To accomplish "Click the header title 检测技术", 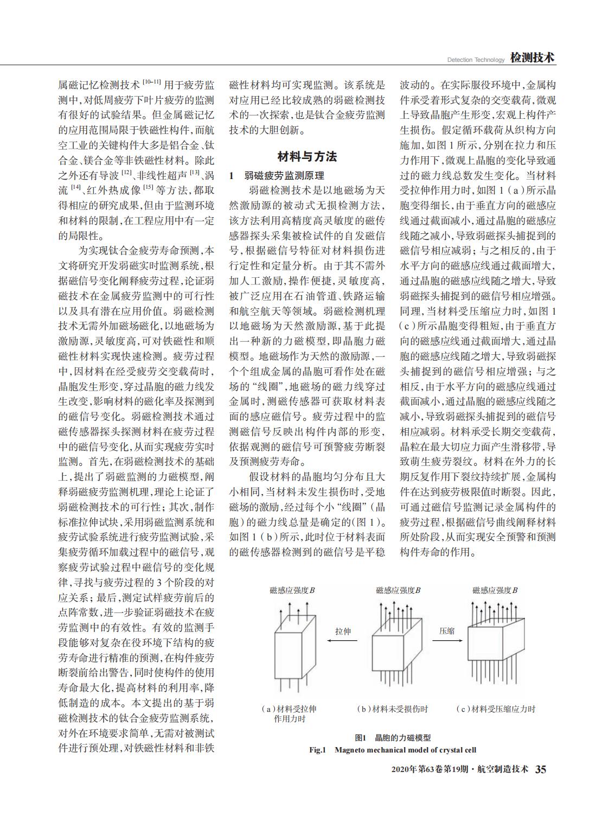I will click(x=532, y=58).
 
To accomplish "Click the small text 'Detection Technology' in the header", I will click(x=476, y=60).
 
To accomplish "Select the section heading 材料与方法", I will click(x=307, y=157).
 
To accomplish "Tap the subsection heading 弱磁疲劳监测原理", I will click(x=284, y=176).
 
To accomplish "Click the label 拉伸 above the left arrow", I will click(x=343, y=631).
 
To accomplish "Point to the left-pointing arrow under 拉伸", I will click(x=342, y=640).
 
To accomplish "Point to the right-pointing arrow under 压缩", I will click(x=447, y=640).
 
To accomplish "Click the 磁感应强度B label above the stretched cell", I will click(x=292, y=590).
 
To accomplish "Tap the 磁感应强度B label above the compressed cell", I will click(x=495, y=590).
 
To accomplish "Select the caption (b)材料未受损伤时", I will click(x=392, y=709).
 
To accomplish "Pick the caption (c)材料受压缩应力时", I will click(x=495, y=709).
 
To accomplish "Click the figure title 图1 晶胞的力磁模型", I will click(x=393, y=738).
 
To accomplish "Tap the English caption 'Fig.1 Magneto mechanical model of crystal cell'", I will click(x=393, y=750).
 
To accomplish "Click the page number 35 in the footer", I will click(x=541, y=769).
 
